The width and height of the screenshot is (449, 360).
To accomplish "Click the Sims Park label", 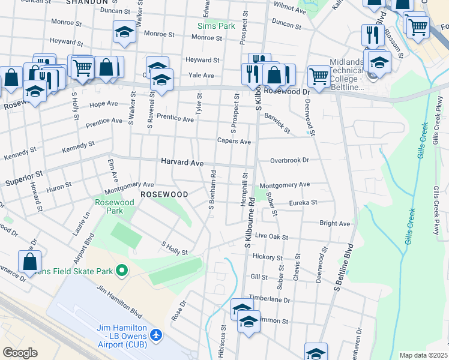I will coord(217,26).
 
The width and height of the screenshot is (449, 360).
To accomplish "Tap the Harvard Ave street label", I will coord(182,163).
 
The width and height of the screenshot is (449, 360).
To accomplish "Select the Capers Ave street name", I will coord(234,142).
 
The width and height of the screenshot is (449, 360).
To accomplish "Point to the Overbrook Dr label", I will coord(289,160).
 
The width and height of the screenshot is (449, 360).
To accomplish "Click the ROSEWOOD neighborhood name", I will coord(164,194).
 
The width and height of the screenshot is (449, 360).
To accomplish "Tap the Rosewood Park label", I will coord(114,206).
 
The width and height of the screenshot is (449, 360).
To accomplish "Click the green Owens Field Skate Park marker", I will coord(122,271).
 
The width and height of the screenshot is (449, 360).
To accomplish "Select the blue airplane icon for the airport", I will coord(157,334).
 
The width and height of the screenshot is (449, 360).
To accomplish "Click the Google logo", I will coord(20,353).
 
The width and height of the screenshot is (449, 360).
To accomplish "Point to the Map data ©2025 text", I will coord(423,355).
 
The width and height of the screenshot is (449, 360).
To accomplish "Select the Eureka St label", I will coord(303,203).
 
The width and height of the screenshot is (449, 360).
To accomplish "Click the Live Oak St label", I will coord(272,236).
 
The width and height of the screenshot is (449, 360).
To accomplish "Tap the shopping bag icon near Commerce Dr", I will coord(30,262).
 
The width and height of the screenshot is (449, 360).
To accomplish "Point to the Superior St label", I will coord(24,178).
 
